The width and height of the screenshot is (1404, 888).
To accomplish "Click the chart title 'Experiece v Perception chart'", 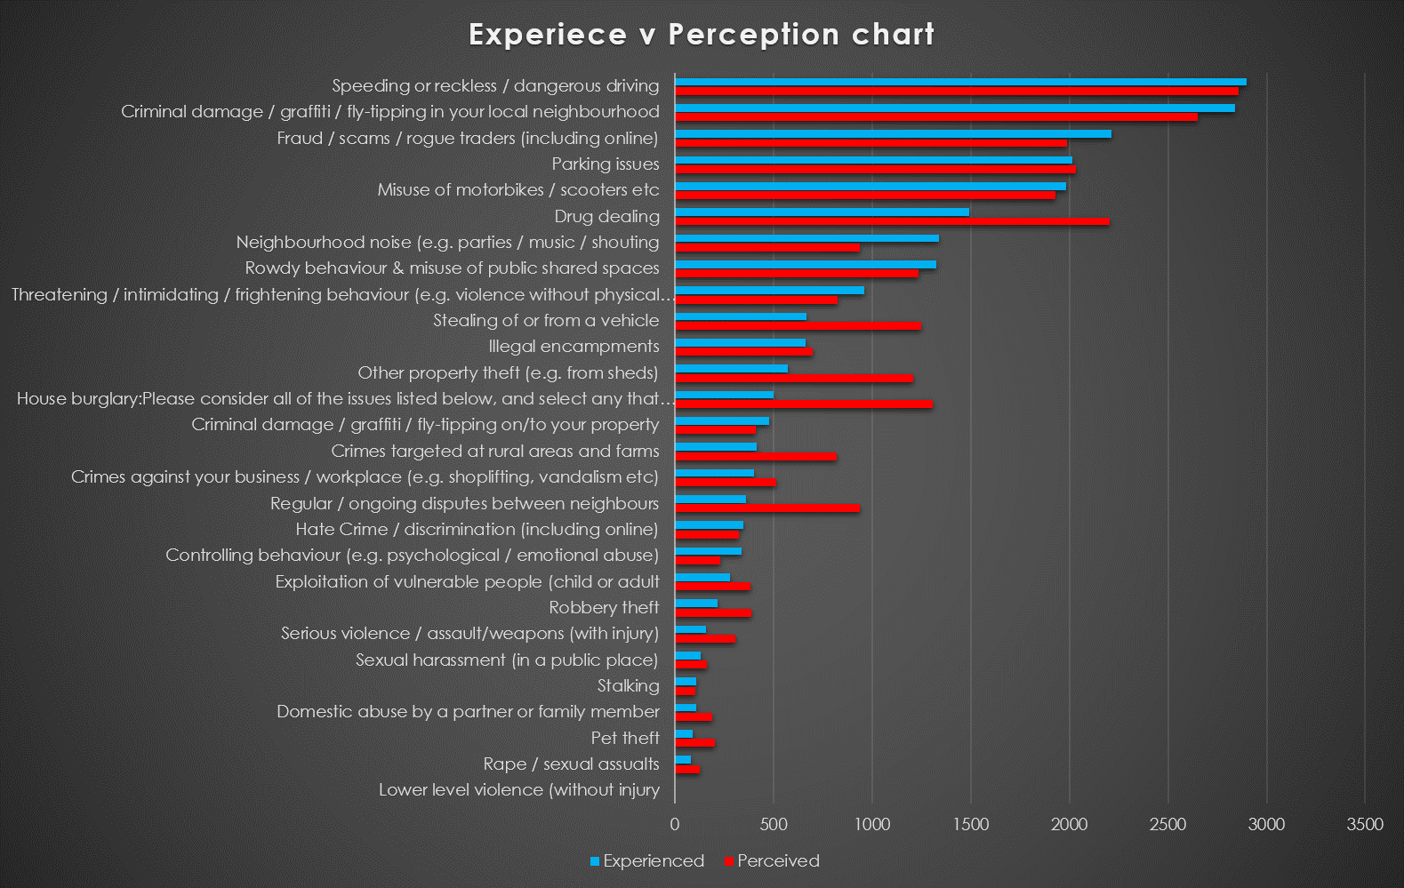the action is tap(702, 35).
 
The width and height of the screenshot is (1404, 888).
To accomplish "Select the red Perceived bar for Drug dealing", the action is tap(892, 221).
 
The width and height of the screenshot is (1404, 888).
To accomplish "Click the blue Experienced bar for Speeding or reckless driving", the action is tap(961, 82).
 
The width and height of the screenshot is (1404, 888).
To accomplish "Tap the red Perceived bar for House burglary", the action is tap(804, 404).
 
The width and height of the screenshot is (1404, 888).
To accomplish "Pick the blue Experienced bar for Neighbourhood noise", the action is tap(806, 238).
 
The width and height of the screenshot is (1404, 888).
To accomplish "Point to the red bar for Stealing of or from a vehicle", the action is tap(798, 326).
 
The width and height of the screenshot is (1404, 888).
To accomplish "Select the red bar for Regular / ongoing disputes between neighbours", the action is tap(767, 508).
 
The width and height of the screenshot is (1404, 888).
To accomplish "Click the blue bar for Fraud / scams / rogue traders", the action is tap(893, 134).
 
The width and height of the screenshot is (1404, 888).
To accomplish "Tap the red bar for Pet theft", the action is tap(694, 743).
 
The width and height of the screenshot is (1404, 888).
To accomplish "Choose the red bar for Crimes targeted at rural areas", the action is tap(756, 456).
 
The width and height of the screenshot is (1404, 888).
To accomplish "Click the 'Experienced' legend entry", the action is tap(647, 861).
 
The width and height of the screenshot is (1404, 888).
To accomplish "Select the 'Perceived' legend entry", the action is tap(772, 861).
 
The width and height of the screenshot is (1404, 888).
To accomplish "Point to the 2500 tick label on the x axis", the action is tap(1167, 824).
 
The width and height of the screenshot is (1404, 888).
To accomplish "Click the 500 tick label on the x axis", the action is tap(774, 824).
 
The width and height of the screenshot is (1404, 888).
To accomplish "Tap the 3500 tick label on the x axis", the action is tap(1365, 824).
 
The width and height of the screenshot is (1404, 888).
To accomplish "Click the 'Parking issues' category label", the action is tap(606, 164).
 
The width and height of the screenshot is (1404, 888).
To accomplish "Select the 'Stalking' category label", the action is tap(628, 686).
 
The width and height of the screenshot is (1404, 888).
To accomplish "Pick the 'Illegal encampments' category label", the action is tap(574, 347).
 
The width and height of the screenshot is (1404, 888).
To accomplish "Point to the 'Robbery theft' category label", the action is tap(605, 608).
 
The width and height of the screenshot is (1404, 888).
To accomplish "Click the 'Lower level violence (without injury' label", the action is tap(519, 790).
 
